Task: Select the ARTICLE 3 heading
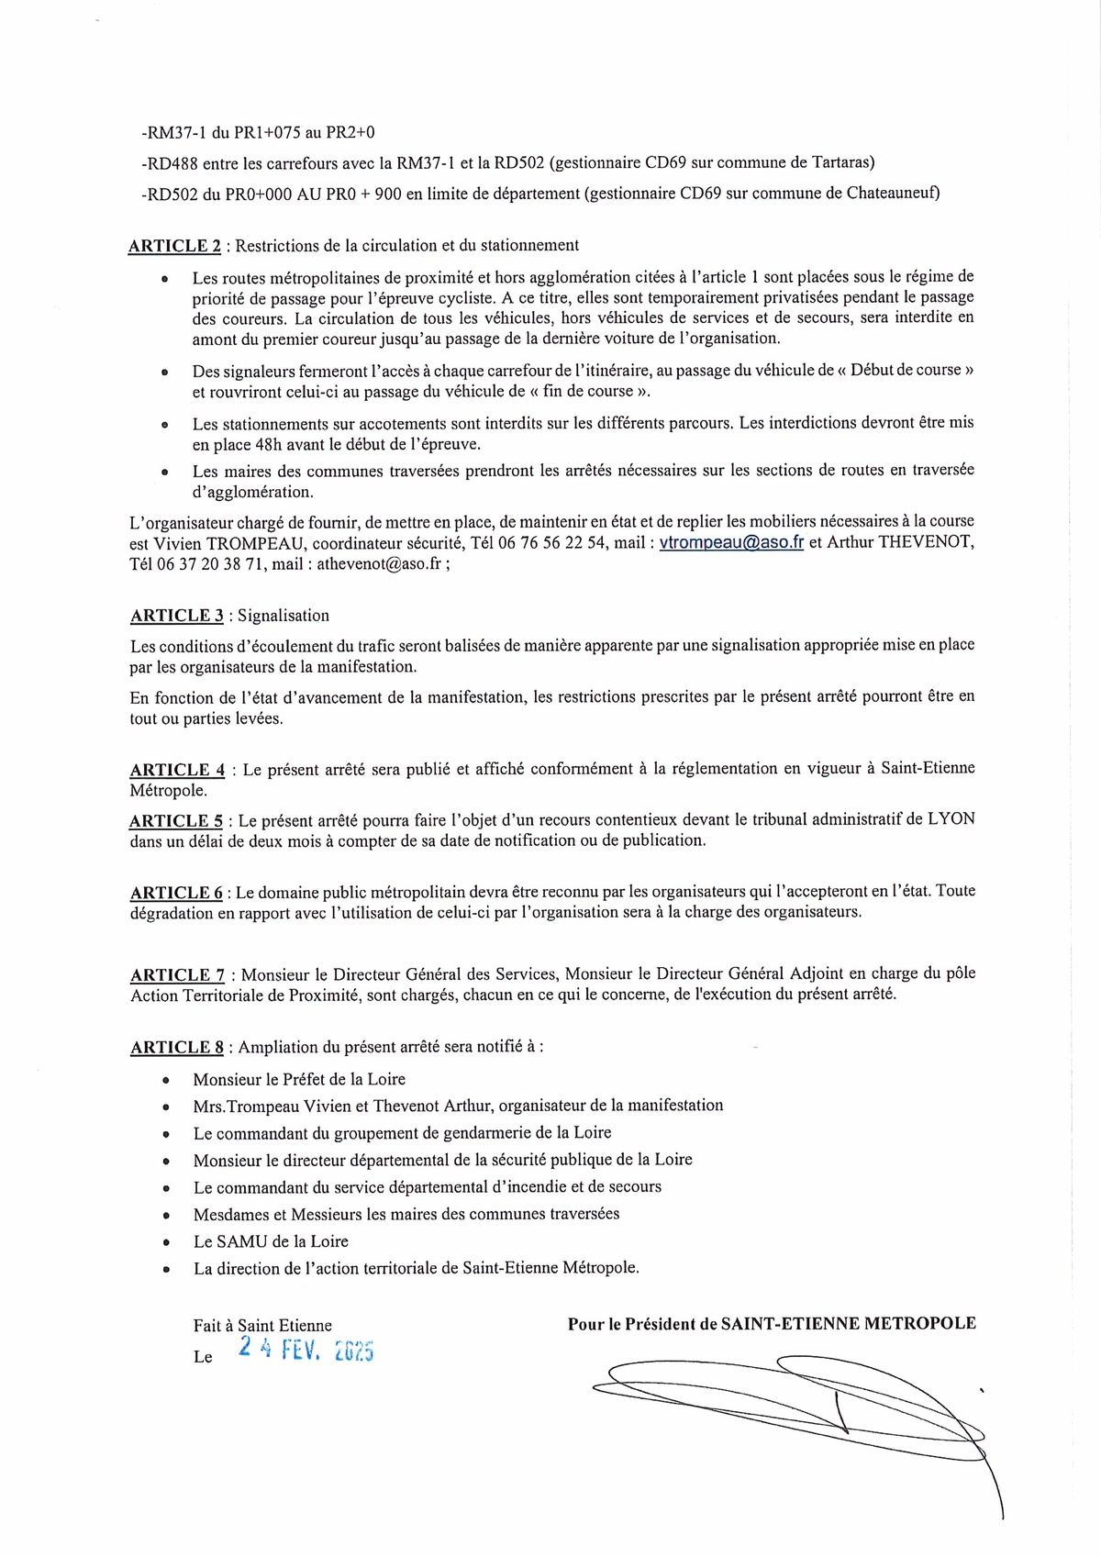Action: point(176,616)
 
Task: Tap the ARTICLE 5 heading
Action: point(175,821)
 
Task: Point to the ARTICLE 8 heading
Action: point(176,1047)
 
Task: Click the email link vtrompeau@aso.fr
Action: point(731,542)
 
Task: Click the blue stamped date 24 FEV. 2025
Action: point(306,1349)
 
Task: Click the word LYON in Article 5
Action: point(951,819)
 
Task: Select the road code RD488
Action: point(172,163)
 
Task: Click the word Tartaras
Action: point(842,163)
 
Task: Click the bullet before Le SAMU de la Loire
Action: point(166,1242)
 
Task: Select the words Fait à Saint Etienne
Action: point(262,1325)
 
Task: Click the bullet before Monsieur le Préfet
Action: point(166,1081)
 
